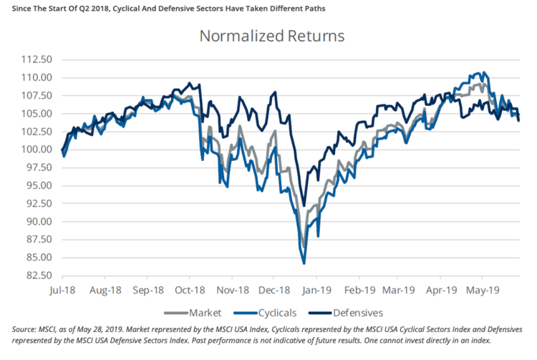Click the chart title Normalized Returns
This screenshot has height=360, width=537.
[x=271, y=36]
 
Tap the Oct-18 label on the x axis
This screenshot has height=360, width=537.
[x=189, y=291]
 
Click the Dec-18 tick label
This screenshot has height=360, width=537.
[x=273, y=291]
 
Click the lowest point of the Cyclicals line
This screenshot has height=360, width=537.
[x=304, y=263]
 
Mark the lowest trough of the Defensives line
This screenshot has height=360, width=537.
[x=304, y=205]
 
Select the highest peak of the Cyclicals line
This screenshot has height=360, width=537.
[x=484, y=72]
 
